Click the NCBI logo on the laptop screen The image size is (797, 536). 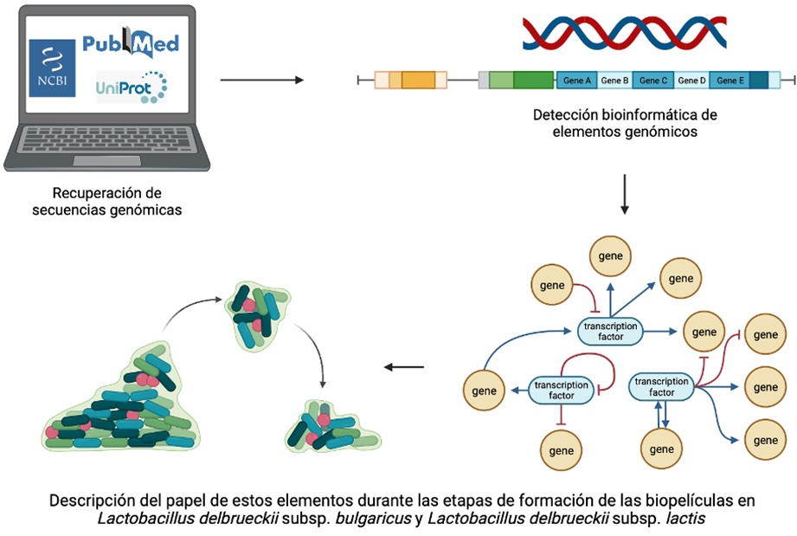click(53, 68)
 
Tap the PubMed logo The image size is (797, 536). click(131, 43)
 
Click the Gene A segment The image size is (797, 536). click(577, 81)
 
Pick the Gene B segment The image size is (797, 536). click(614, 81)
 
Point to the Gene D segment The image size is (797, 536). click(691, 81)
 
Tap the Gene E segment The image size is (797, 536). click(730, 81)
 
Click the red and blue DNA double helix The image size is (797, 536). click(624, 32)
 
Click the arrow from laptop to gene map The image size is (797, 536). click(262, 81)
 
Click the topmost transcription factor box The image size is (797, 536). click(611, 330)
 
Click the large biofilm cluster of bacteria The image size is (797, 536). click(121, 403)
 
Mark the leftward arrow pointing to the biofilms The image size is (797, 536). click(404, 366)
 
